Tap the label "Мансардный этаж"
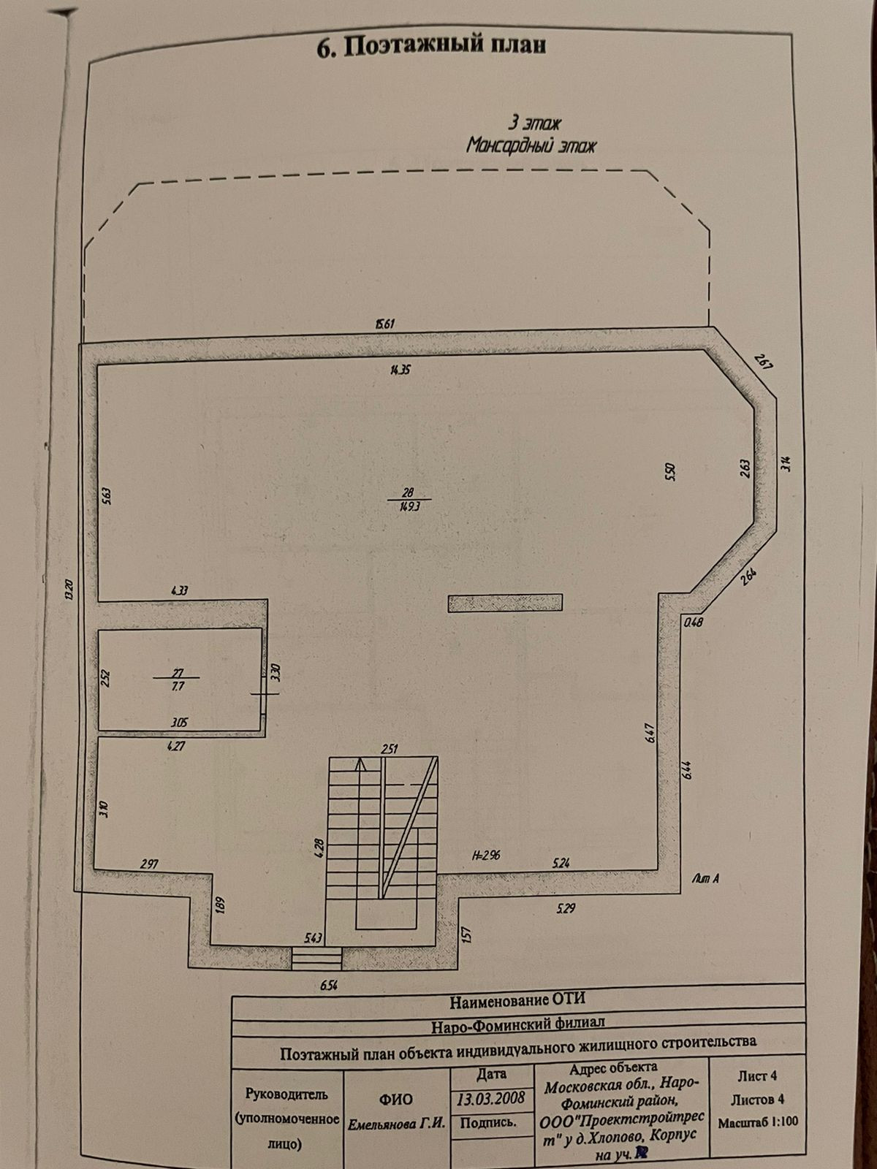tap(531, 145)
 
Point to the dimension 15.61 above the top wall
tap(385, 324)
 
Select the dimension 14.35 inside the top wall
tap(401, 370)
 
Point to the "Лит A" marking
tap(706, 879)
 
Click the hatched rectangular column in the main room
tap(505, 602)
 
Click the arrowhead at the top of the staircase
tap(360, 766)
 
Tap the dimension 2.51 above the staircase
tap(389, 748)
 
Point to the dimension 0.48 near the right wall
tap(691, 622)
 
